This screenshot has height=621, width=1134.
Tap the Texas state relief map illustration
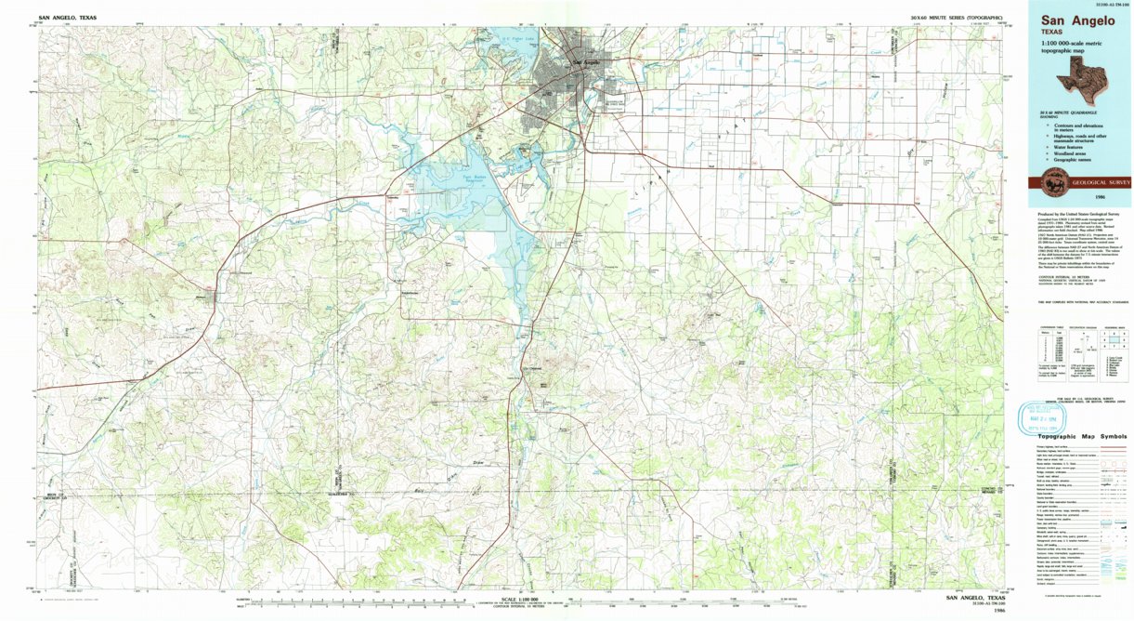1082,82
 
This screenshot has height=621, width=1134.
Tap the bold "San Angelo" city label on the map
586,62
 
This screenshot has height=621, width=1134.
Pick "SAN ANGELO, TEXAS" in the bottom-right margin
974,598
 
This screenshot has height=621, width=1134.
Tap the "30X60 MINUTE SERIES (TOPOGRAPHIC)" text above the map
960,18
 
